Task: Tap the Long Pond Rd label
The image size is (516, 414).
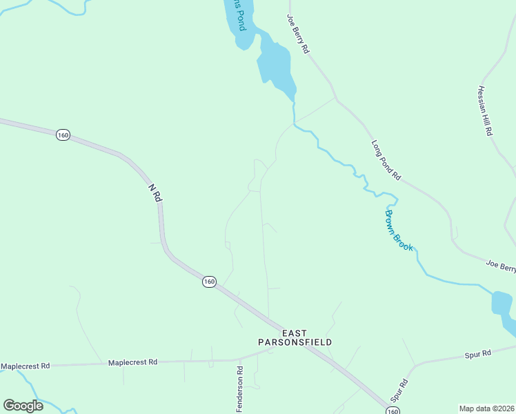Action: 386,160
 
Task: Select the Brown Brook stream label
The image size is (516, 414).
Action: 398,228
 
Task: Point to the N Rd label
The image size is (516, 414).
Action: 155,193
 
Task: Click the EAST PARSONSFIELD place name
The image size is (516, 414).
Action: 295,337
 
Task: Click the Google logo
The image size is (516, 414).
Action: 23,406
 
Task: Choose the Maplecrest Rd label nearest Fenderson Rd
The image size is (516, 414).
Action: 132,362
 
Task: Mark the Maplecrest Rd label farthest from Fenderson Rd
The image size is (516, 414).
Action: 26,366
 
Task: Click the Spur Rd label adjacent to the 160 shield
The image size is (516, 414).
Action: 399,391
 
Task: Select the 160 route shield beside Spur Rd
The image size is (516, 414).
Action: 392,411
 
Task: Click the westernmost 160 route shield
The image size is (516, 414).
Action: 63,135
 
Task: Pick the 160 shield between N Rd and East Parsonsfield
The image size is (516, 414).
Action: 209,282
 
